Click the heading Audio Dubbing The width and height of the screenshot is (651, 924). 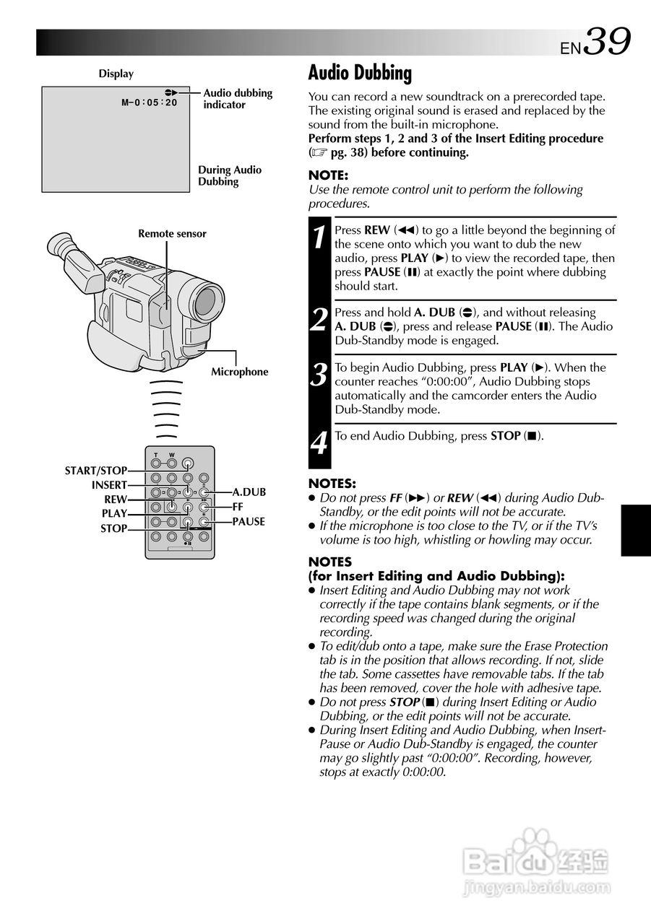[360, 73]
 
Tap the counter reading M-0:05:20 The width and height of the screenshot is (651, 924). [150, 103]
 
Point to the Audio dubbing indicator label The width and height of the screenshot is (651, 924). [238, 99]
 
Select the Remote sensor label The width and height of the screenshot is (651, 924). [172, 234]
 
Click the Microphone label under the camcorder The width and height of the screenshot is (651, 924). [239, 372]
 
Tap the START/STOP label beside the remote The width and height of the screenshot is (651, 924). [95, 471]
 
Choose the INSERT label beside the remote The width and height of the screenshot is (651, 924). [109, 485]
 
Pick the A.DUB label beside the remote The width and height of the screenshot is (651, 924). [249, 492]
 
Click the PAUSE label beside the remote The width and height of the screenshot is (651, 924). [249, 522]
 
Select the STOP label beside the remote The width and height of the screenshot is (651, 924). [113, 528]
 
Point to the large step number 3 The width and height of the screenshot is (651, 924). [319, 375]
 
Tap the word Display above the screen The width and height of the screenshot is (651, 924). [116, 74]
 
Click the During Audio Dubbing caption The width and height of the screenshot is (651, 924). [230, 176]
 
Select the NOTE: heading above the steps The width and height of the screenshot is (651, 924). [328, 175]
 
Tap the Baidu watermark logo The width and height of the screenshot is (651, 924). [535, 860]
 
